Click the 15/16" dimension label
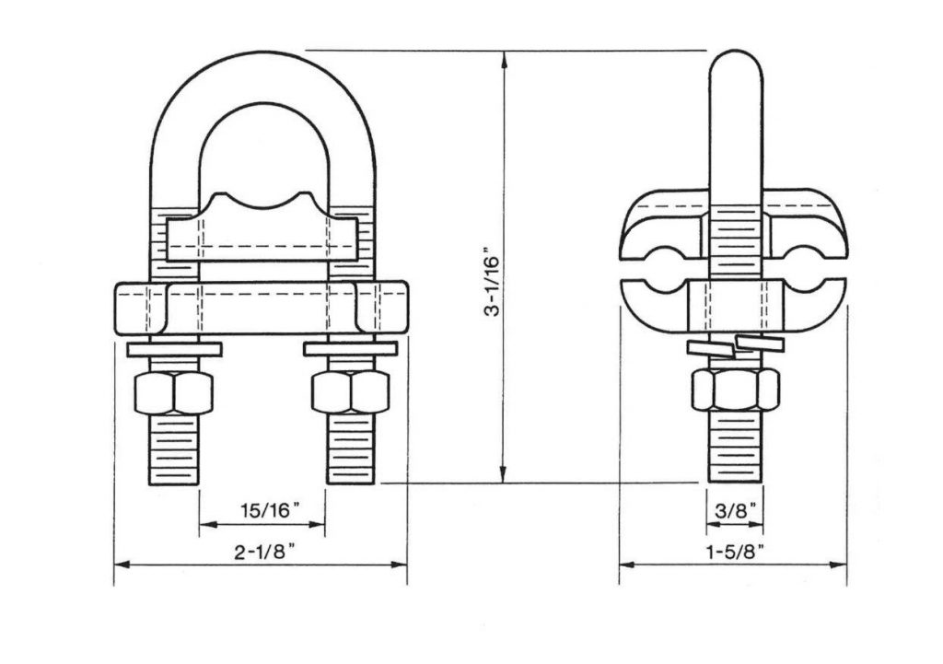262,509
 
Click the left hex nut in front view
172,394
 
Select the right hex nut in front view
352,394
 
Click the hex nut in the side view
734,390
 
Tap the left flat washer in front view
172,349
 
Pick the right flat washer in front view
352,349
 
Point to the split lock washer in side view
734,344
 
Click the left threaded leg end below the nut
172,450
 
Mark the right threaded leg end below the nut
352,450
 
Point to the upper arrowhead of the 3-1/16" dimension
504,57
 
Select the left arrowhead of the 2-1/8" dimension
120,565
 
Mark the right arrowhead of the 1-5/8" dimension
841,565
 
